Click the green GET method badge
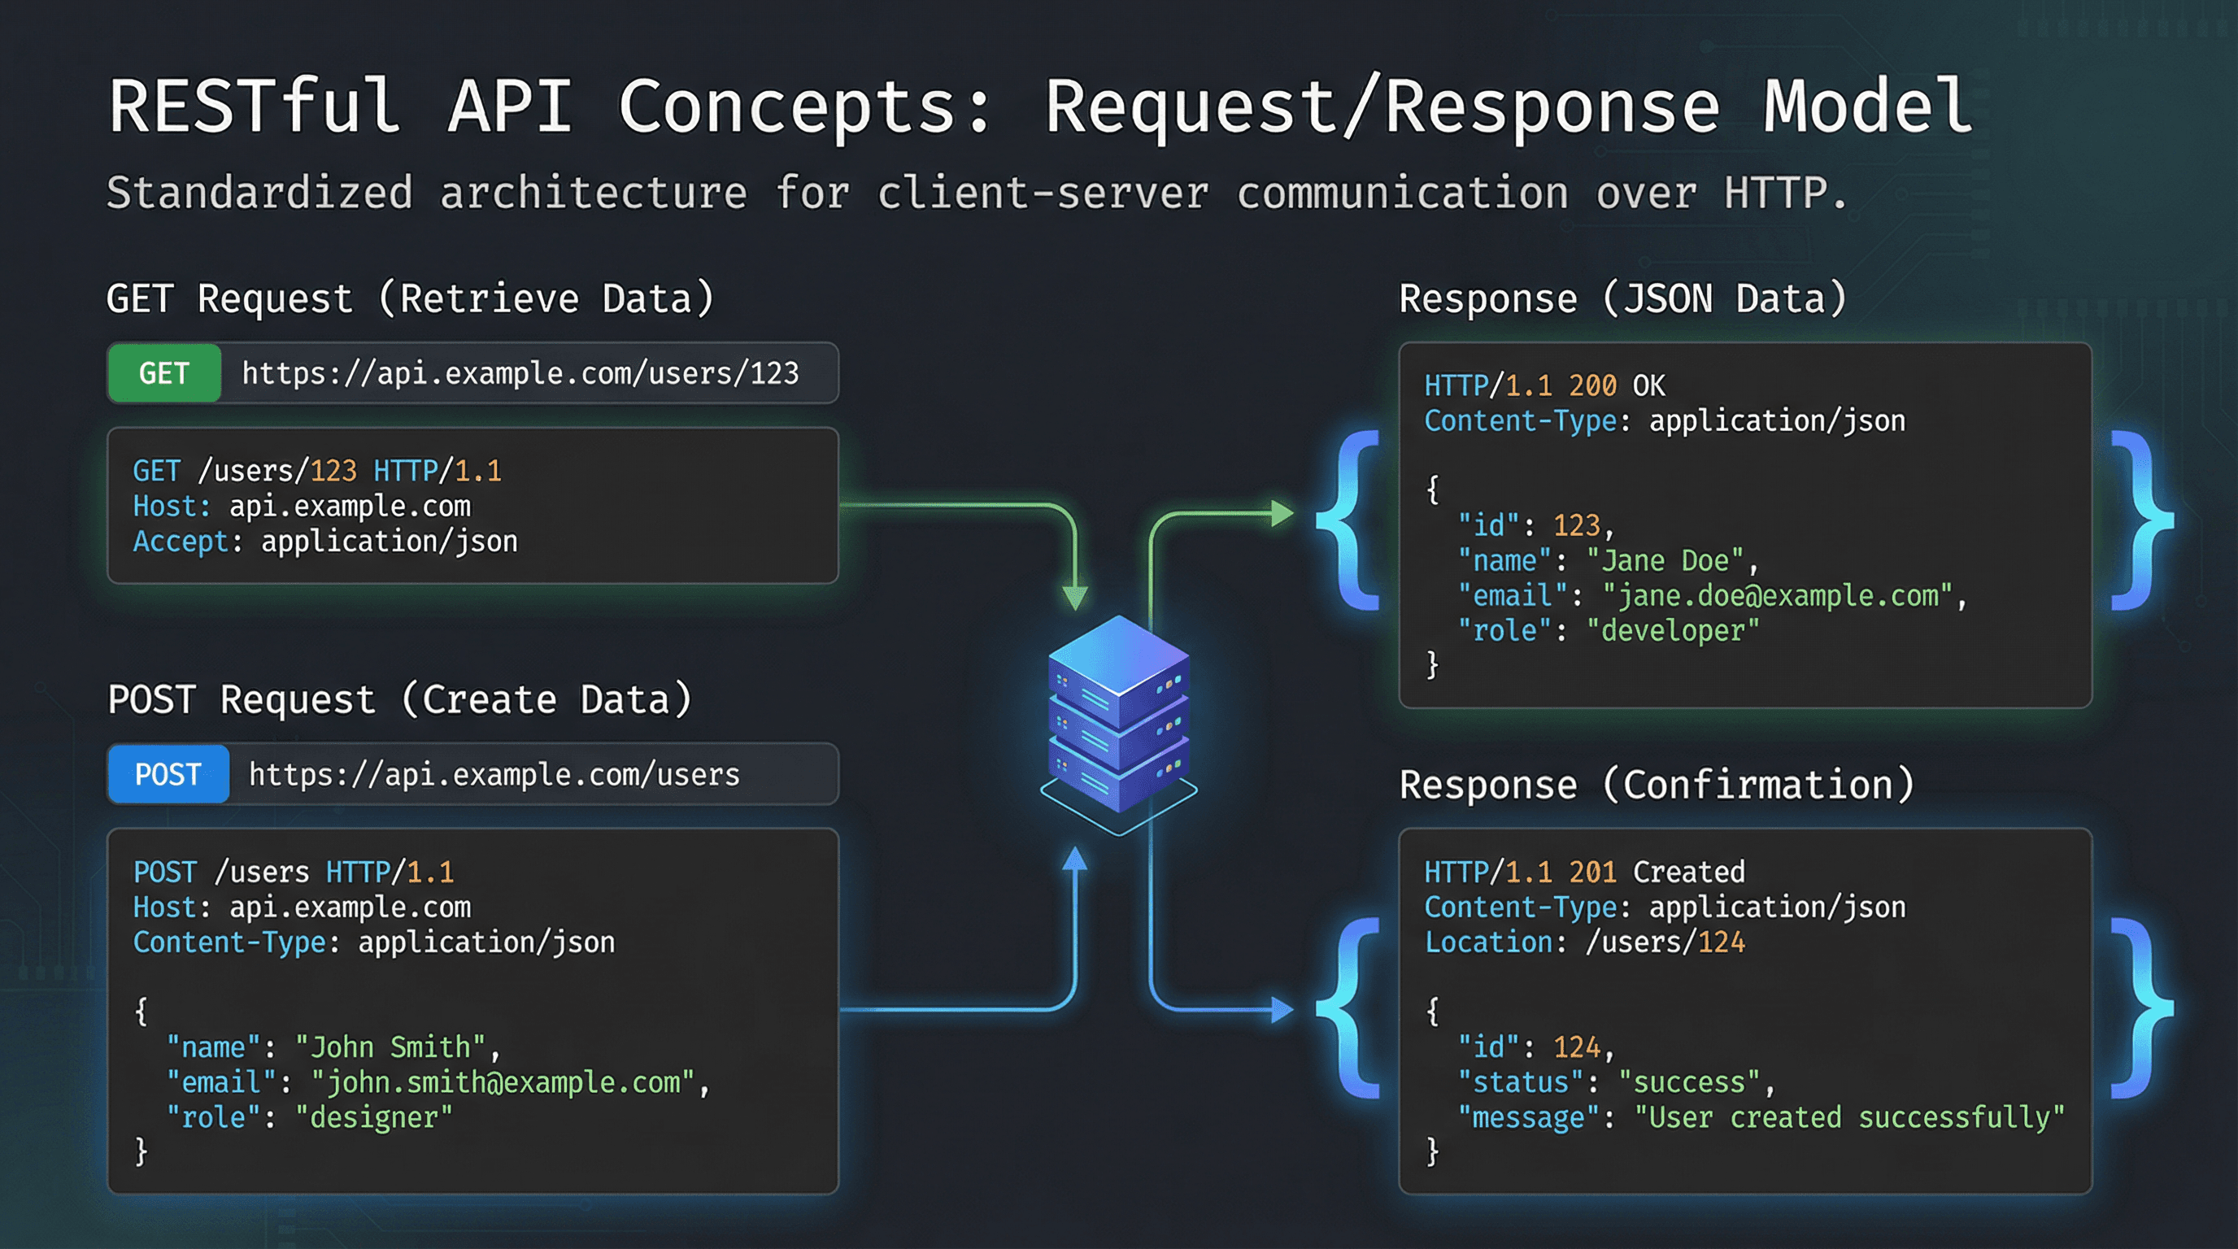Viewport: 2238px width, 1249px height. (x=163, y=373)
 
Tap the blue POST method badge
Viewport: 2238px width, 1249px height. (x=168, y=774)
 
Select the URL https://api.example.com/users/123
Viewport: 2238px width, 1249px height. (x=520, y=373)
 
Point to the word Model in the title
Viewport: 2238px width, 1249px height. (x=1867, y=106)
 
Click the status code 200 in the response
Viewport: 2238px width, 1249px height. (x=1592, y=385)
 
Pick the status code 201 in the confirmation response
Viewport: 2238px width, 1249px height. (x=1592, y=872)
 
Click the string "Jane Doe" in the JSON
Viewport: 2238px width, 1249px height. (x=1665, y=561)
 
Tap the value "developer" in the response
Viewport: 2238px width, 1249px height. (x=1673, y=630)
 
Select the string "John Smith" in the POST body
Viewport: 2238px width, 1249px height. (x=390, y=1047)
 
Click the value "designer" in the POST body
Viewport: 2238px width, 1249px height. (x=373, y=1117)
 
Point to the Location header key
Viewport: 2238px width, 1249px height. (x=1488, y=942)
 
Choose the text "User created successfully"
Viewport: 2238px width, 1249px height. (x=1848, y=1117)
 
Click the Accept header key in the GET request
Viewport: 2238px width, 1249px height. (x=180, y=542)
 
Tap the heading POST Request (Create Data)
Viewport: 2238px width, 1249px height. (x=399, y=700)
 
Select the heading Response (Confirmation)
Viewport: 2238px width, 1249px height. (x=1657, y=786)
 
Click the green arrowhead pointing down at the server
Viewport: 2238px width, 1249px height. (x=1075, y=598)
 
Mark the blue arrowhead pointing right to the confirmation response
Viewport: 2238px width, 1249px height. (x=1282, y=1009)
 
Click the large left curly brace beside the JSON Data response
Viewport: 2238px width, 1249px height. (x=1349, y=521)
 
